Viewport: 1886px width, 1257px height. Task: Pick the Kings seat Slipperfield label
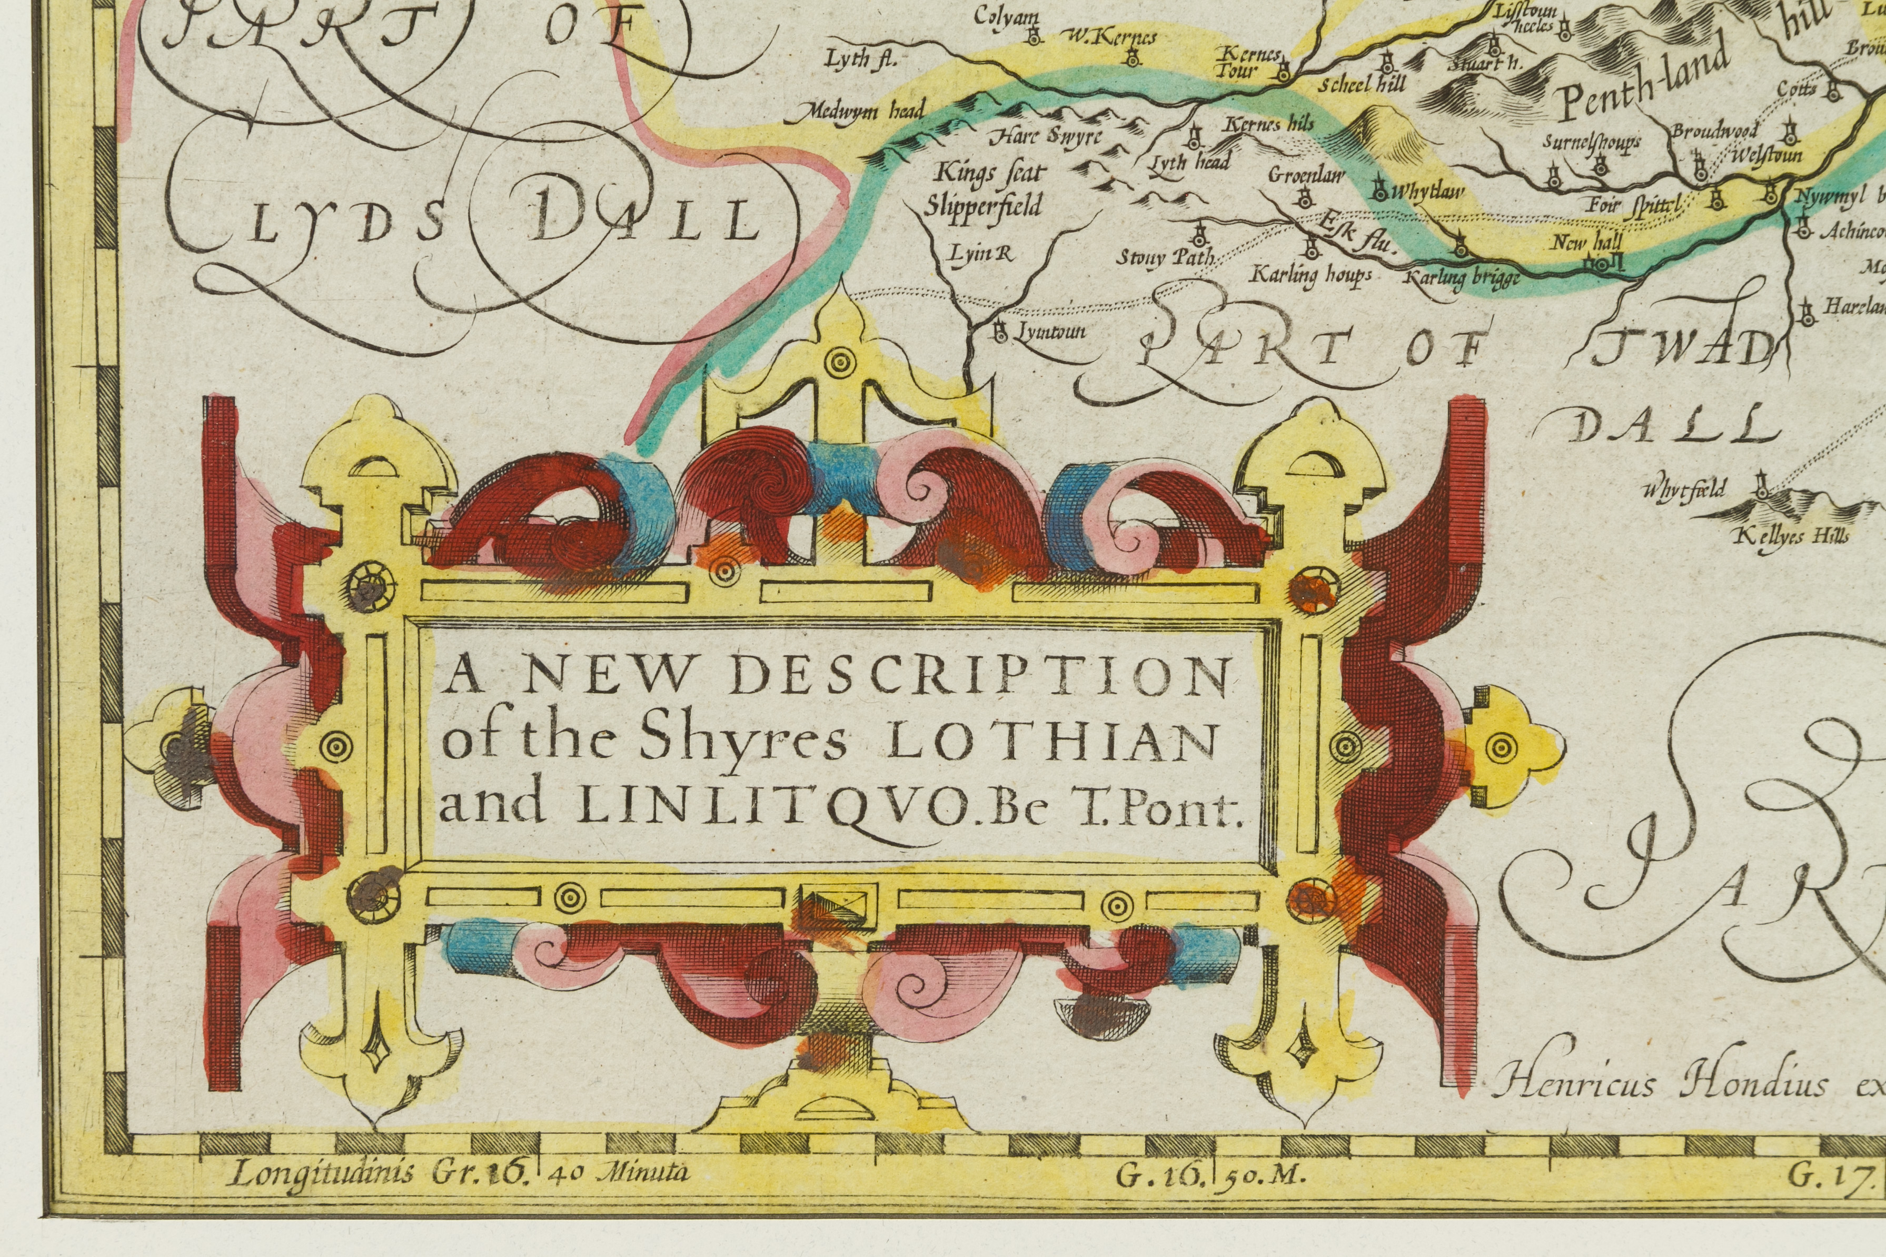[x=982, y=190]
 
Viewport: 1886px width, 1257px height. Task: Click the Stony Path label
[x=1166, y=257]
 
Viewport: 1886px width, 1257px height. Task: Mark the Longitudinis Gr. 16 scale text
[x=377, y=1174]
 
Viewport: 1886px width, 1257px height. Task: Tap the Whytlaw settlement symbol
[x=1379, y=190]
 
